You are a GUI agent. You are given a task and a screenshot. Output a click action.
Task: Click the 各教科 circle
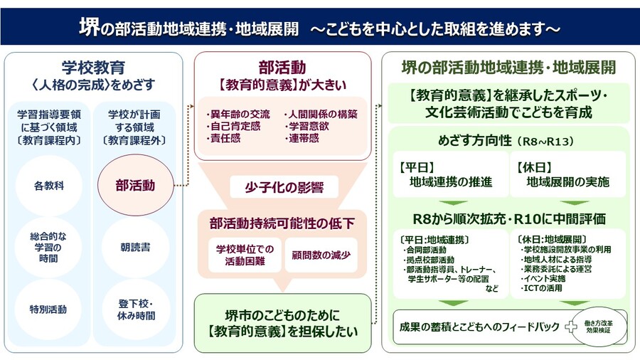pyautogui.click(x=48, y=186)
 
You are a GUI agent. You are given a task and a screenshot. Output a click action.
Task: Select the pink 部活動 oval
pyautogui.click(x=135, y=186)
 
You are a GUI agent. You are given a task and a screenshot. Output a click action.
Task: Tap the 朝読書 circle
pyautogui.click(x=135, y=248)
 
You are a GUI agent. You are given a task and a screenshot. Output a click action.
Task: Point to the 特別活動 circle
pyautogui.click(x=48, y=309)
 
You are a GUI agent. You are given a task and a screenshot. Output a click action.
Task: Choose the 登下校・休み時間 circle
pyautogui.click(x=135, y=309)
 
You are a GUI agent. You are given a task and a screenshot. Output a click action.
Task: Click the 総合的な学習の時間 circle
pyautogui.click(x=48, y=248)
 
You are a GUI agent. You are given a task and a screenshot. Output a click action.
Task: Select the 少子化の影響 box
pyautogui.click(x=283, y=188)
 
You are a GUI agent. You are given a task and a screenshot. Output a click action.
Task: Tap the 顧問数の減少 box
pyautogui.click(x=321, y=254)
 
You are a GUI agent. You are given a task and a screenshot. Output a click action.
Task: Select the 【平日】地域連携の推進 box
pyautogui.click(x=449, y=175)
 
